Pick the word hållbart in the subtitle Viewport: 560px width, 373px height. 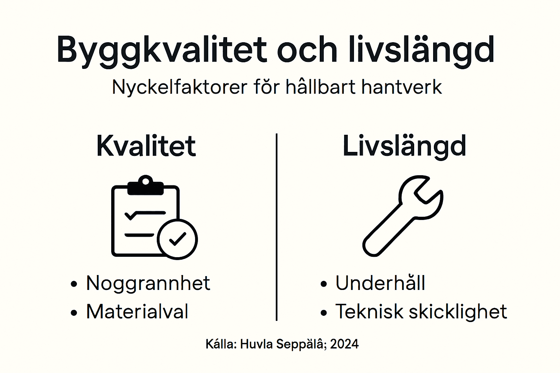[320, 87]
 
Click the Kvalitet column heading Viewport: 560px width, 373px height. [146, 146]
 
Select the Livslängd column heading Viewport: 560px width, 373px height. [404, 146]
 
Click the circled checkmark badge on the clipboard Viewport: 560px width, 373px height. [178, 239]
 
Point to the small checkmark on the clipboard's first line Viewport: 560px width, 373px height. [130, 215]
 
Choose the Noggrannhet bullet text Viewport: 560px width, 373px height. [148, 283]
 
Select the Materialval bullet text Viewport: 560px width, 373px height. [137, 312]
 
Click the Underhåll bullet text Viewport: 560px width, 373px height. [380, 283]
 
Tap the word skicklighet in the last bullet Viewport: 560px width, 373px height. [458, 312]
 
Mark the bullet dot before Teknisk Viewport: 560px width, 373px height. [324, 313]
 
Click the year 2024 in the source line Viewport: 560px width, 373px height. [345, 344]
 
